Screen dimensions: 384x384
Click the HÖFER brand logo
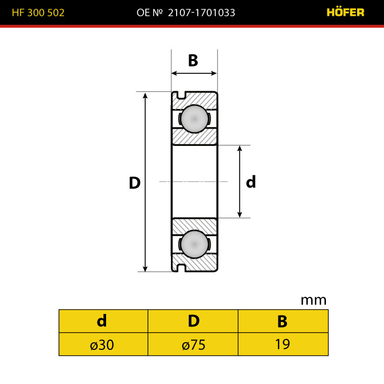click(x=345, y=12)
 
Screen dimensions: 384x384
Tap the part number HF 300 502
click(x=38, y=13)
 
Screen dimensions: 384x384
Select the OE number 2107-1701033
click(x=201, y=13)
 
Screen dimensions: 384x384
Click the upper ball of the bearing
click(x=194, y=119)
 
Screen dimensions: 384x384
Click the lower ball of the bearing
click(x=194, y=244)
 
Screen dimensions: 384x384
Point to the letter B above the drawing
click(x=193, y=60)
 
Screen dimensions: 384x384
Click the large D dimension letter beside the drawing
click(x=135, y=183)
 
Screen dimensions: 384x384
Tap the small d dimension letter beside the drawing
click(x=251, y=182)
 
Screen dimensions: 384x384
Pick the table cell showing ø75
click(x=193, y=344)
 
